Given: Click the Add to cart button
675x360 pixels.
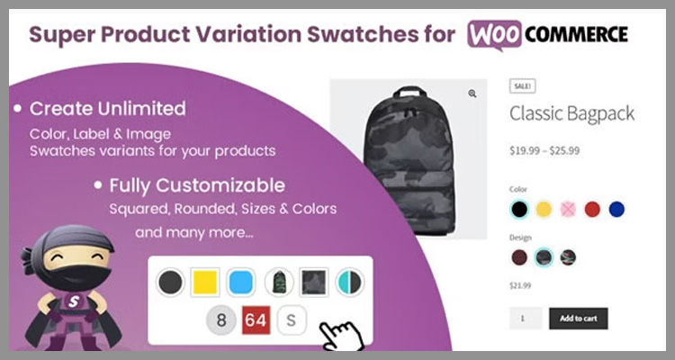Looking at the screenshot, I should click(x=578, y=319).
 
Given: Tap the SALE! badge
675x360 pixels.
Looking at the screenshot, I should click(x=522, y=85).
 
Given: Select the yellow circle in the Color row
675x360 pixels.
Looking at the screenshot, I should click(x=544, y=210).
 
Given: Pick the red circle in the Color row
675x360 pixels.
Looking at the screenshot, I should click(x=592, y=210).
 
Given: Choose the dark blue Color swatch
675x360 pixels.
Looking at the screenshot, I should click(x=616, y=210).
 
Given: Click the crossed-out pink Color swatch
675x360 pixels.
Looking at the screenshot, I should click(x=568, y=210).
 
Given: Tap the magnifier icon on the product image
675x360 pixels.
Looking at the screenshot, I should click(x=472, y=93).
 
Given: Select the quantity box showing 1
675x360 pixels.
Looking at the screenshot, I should click(x=526, y=319).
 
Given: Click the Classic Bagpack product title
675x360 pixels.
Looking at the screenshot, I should click(x=571, y=113).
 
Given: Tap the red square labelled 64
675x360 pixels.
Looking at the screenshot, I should click(x=256, y=320).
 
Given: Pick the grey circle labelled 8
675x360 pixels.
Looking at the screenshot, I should click(x=220, y=320).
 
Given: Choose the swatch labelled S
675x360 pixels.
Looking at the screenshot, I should click(x=291, y=320).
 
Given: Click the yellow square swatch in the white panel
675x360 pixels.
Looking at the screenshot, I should click(x=203, y=283).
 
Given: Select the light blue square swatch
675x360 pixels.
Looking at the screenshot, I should click(x=239, y=283).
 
